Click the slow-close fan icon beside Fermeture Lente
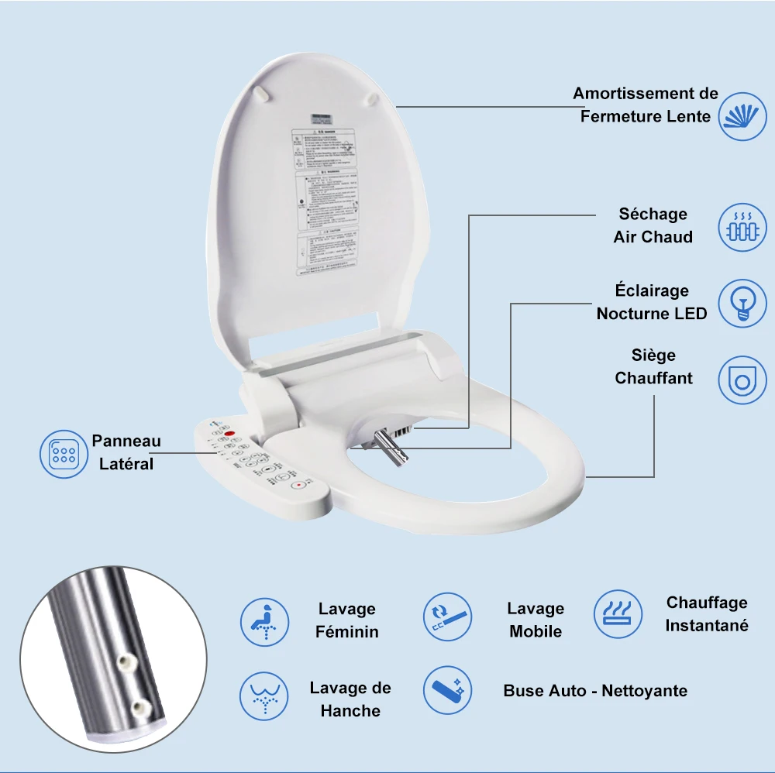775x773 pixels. point(743,116)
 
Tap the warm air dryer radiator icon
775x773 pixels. point(743,227)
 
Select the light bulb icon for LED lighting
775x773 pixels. point(743,303)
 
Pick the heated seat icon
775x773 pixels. point(743,380)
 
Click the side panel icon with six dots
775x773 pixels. point(64,454)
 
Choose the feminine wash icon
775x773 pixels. point(264,621)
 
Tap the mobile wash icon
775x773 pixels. point(447,616)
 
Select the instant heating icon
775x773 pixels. point(618,613)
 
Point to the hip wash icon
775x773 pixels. point(264,696)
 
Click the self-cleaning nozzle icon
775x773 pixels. point(447,691)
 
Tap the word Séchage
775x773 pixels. point(653,214)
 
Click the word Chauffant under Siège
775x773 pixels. point(653,379)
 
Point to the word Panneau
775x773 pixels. point(126,441)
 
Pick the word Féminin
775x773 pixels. point(346,632)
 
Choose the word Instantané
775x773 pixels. point(706,625)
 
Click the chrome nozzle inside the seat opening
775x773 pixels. point(385,448)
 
